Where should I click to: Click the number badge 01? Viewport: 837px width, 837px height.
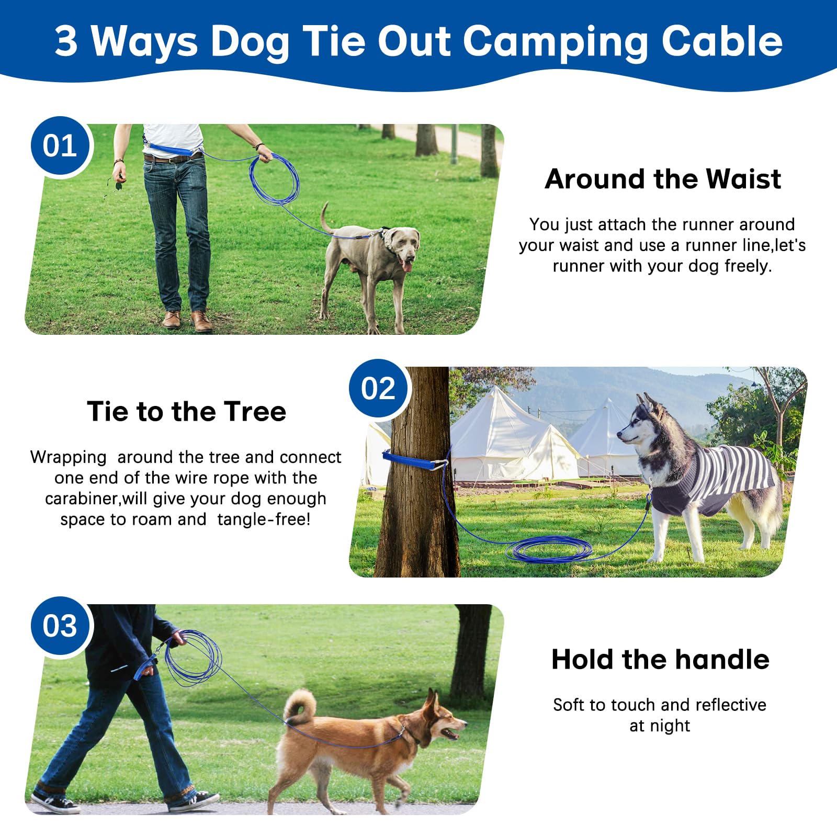[60, 146]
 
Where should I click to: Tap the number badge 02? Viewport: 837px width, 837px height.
[378, 389]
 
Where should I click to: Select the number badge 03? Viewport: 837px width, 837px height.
[60, 626]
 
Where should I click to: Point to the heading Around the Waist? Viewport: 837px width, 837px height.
[662, 179]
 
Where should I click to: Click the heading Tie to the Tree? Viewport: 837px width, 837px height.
[186, 412]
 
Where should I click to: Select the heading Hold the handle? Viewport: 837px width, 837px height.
[660, 660]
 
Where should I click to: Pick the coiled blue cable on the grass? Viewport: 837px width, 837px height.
[549, 549]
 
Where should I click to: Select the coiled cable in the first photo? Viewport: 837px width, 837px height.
[275, 178]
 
